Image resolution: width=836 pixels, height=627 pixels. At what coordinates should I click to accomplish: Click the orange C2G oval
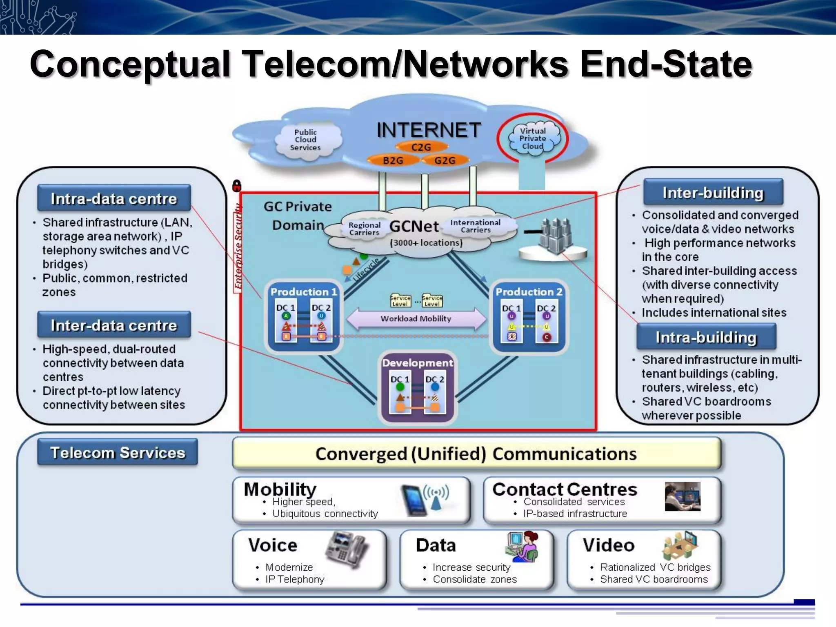[x=421, y=147]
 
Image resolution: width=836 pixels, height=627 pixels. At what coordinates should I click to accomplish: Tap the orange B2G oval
[x=393, y=160]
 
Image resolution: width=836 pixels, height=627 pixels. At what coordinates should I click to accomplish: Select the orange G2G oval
[x=445, y=160]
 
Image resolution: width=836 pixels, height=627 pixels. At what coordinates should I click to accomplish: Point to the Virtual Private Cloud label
[x=532, y=138]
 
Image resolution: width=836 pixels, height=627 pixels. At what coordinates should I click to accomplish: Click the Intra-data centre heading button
[x=114, y=198]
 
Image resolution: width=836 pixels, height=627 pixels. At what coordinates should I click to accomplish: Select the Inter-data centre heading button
[x=114, y=325]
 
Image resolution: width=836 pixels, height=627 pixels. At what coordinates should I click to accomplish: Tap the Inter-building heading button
[x=713, y=193]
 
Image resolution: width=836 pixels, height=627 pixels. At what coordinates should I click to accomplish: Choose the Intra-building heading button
[x=706, y=337]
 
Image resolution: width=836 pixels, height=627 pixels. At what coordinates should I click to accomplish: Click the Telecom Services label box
[x=118, y=452]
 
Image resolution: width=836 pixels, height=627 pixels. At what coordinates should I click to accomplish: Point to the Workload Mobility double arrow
[x=416, y=318]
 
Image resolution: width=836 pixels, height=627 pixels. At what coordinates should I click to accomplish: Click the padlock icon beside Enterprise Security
[x=237, y=186]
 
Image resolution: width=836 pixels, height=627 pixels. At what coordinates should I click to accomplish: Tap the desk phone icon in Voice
[x=347, y=549]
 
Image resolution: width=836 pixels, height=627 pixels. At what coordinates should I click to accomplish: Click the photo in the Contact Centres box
[x=682, y=496]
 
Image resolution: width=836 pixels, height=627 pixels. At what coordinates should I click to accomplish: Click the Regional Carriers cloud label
[x=364, y=229]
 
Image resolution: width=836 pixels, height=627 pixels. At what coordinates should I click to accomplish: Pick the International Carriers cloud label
[x=475, y=226]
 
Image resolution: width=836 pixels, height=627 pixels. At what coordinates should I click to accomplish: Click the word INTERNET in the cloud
[x=429, y=130]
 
